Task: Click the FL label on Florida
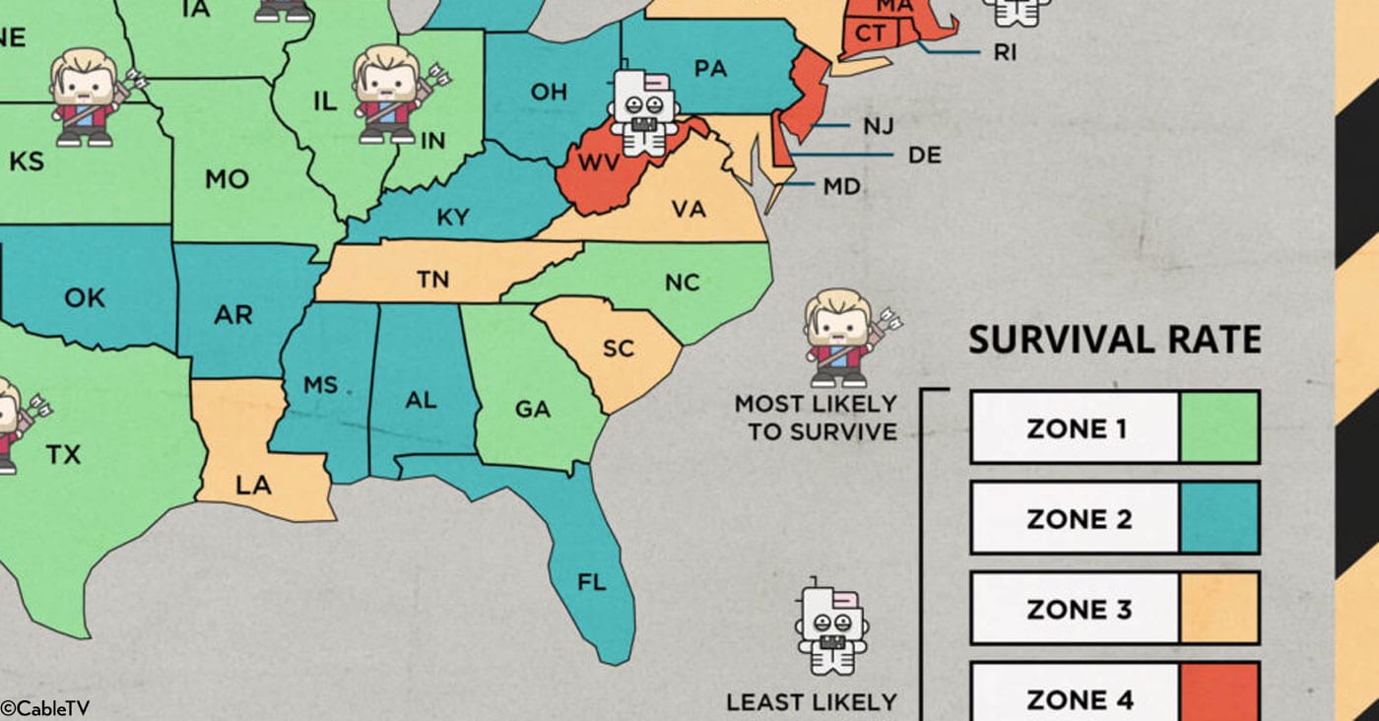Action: coord(591,582)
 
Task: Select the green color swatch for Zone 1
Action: coord(1218,427)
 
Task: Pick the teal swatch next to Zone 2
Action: coord(1218,518)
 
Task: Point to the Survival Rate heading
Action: coord(1114,340)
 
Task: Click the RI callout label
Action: coord(1005,53)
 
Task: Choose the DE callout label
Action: coord(925,156)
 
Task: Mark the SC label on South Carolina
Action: coord(619,349)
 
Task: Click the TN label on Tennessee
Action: coord(432,280)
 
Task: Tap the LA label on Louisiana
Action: coord(253,485)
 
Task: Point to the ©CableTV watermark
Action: coord(44,708)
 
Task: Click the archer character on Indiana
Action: coord(391,94)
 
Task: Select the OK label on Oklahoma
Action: coord(84,296)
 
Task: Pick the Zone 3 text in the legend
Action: coord(1079,609)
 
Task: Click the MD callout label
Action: coord(842,186)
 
